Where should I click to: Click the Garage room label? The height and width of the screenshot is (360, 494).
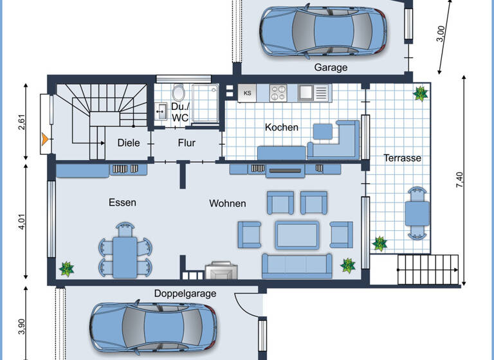tap(331, 67)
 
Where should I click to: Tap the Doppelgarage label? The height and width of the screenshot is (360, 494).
tap(185, 294)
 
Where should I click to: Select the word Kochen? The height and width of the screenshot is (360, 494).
tap(282, 127)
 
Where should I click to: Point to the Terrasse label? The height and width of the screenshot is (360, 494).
tap(402, 157)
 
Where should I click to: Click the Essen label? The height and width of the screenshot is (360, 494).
tap(122, 203)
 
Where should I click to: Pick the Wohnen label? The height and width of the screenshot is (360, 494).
tap(227, 203)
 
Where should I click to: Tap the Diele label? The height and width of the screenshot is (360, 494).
tap(128, 143)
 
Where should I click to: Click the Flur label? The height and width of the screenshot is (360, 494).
tap(187, 143)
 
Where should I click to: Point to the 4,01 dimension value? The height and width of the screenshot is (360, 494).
tap(21, 221)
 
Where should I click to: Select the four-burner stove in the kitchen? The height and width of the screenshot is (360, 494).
tap(278, 93)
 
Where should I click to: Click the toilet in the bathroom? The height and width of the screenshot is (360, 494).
tap(178, 91)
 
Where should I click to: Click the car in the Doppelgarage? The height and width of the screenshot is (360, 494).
tap(153, 327)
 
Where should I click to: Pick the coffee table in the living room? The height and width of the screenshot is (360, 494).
tap(297, 234)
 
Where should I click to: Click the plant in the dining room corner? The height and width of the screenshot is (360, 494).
tap(66, 269)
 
